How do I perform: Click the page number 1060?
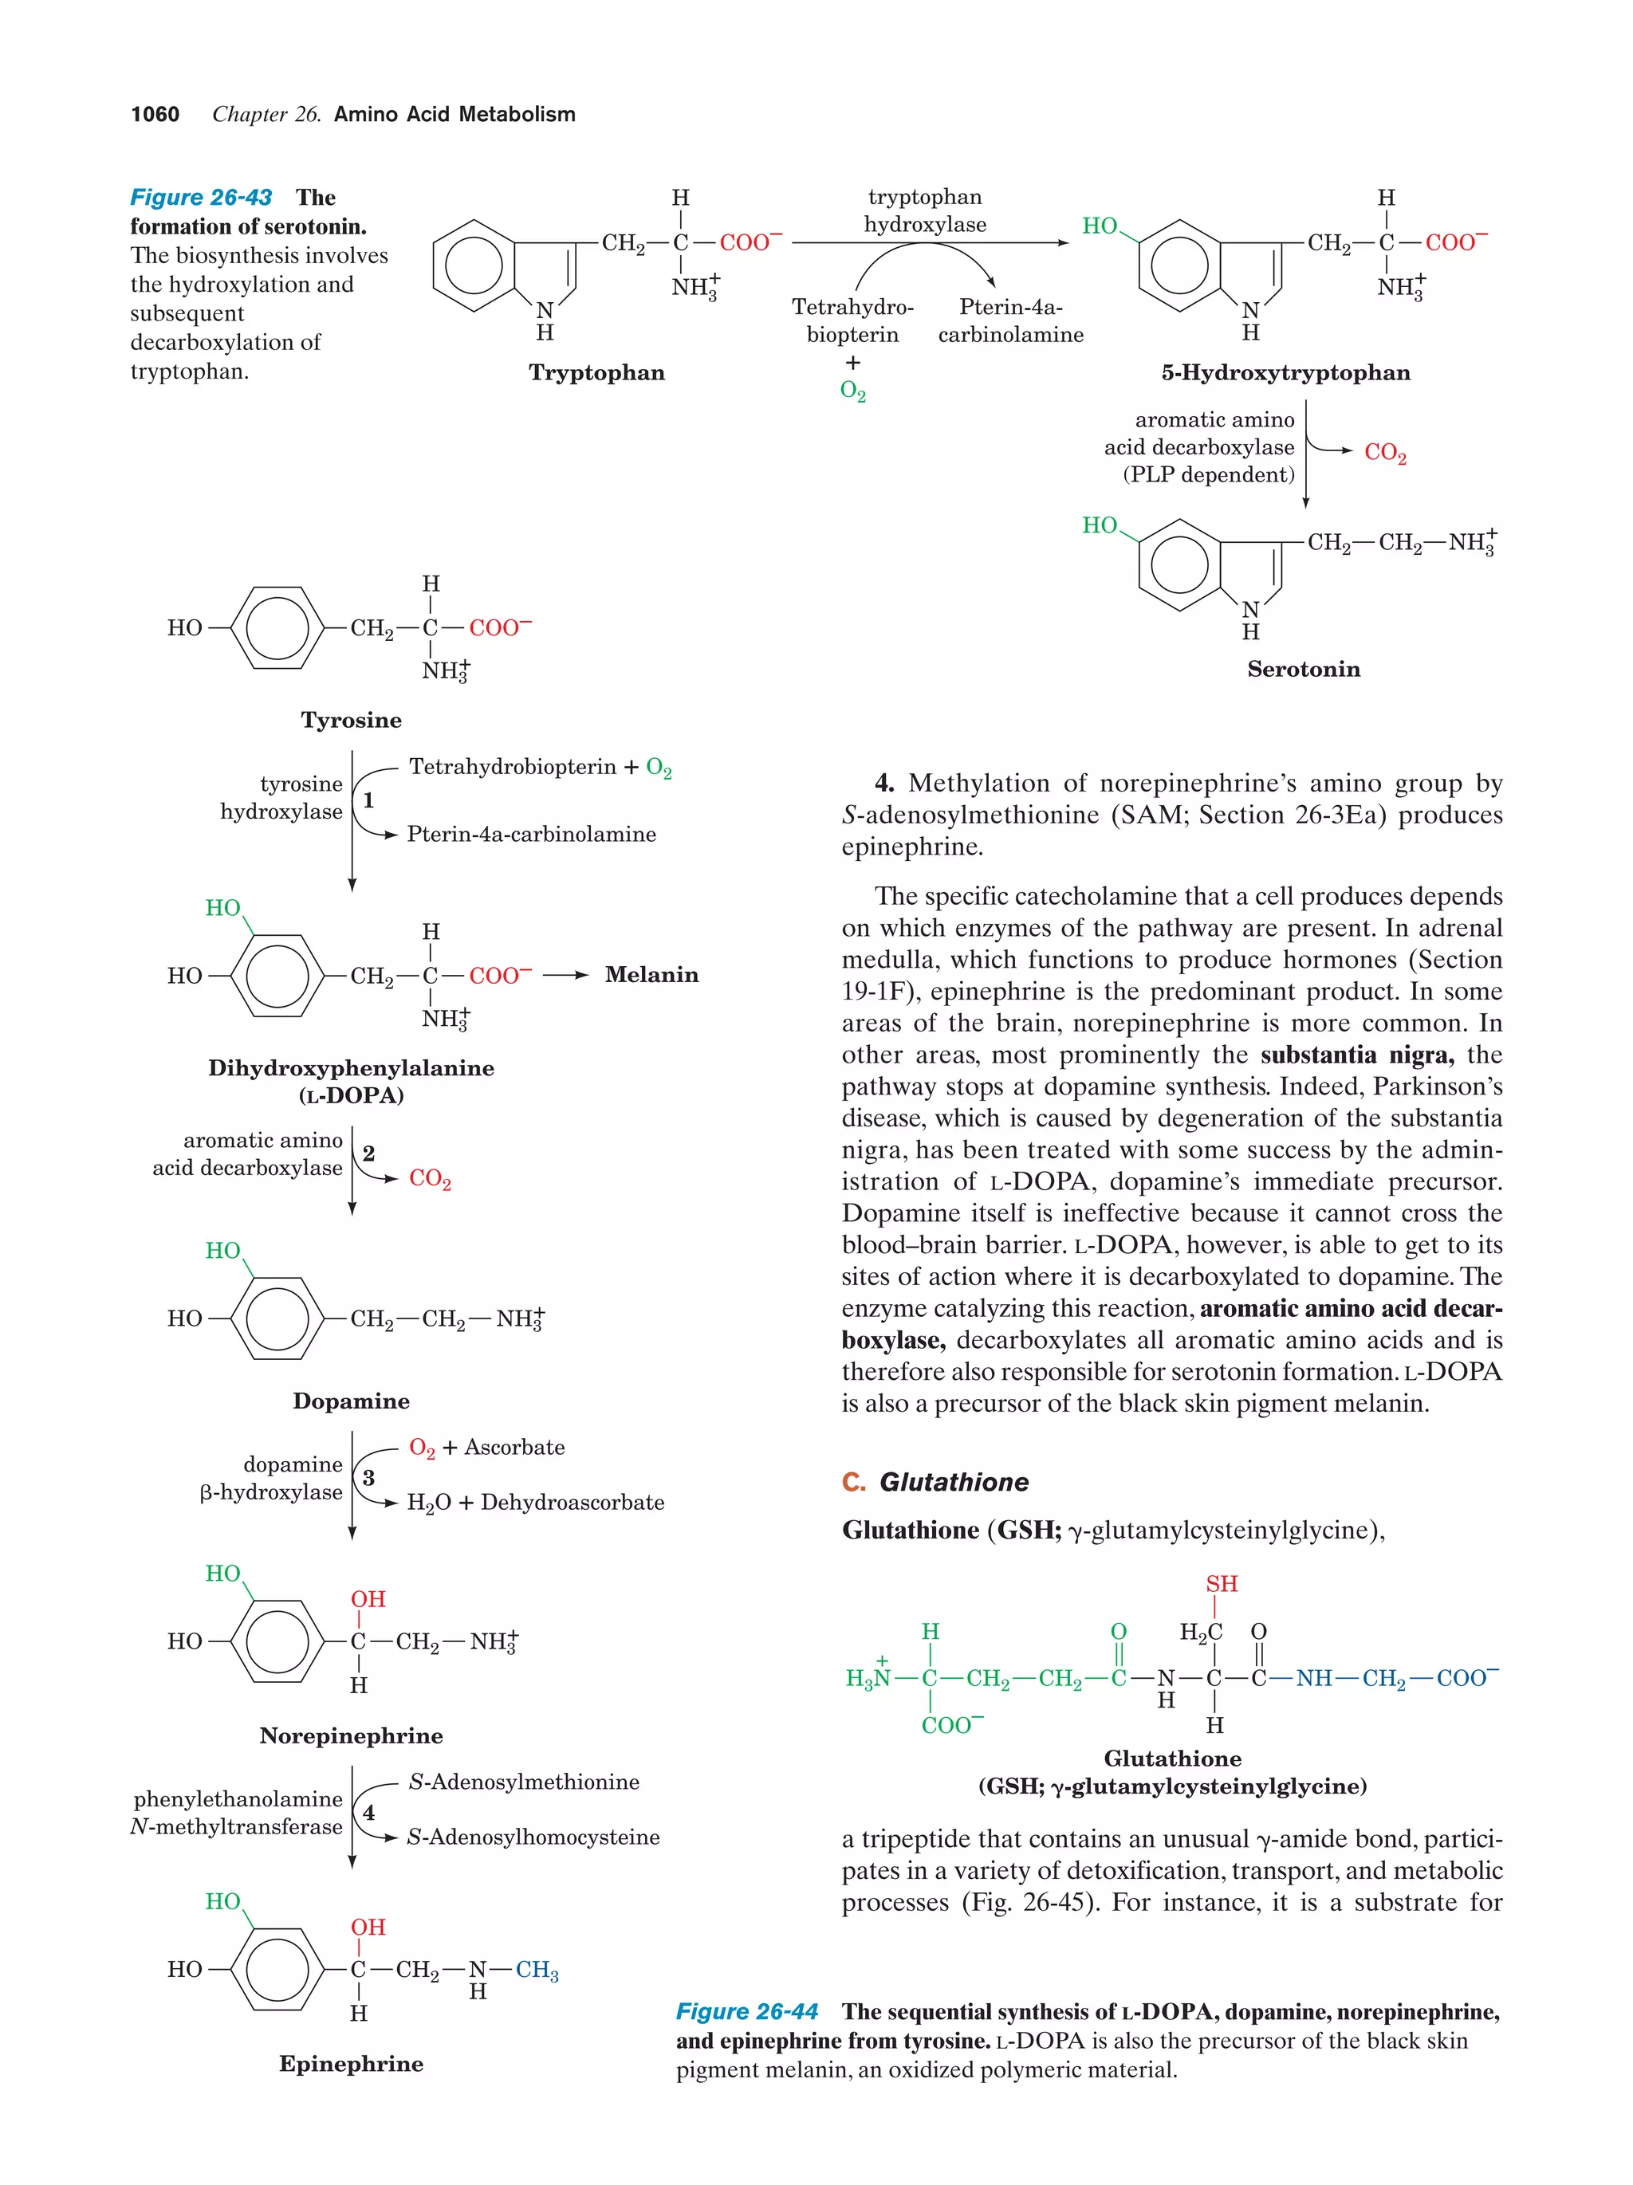155,115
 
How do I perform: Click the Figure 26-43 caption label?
202,198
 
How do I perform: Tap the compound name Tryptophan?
596,372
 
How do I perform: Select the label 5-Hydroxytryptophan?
1285,372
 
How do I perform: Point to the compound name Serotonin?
1303,669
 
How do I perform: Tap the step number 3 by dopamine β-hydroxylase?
368,1478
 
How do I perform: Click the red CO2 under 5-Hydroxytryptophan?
1385,453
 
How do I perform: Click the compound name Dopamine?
351,1401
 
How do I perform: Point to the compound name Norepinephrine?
351,1735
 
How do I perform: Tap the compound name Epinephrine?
351,2064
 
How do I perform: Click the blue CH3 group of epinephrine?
537,1971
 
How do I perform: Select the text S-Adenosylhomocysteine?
533,1837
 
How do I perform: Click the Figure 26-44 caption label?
747,2011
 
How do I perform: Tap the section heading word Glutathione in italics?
954,1482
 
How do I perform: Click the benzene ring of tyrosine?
277,627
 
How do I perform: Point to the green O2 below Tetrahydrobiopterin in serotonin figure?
852,391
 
